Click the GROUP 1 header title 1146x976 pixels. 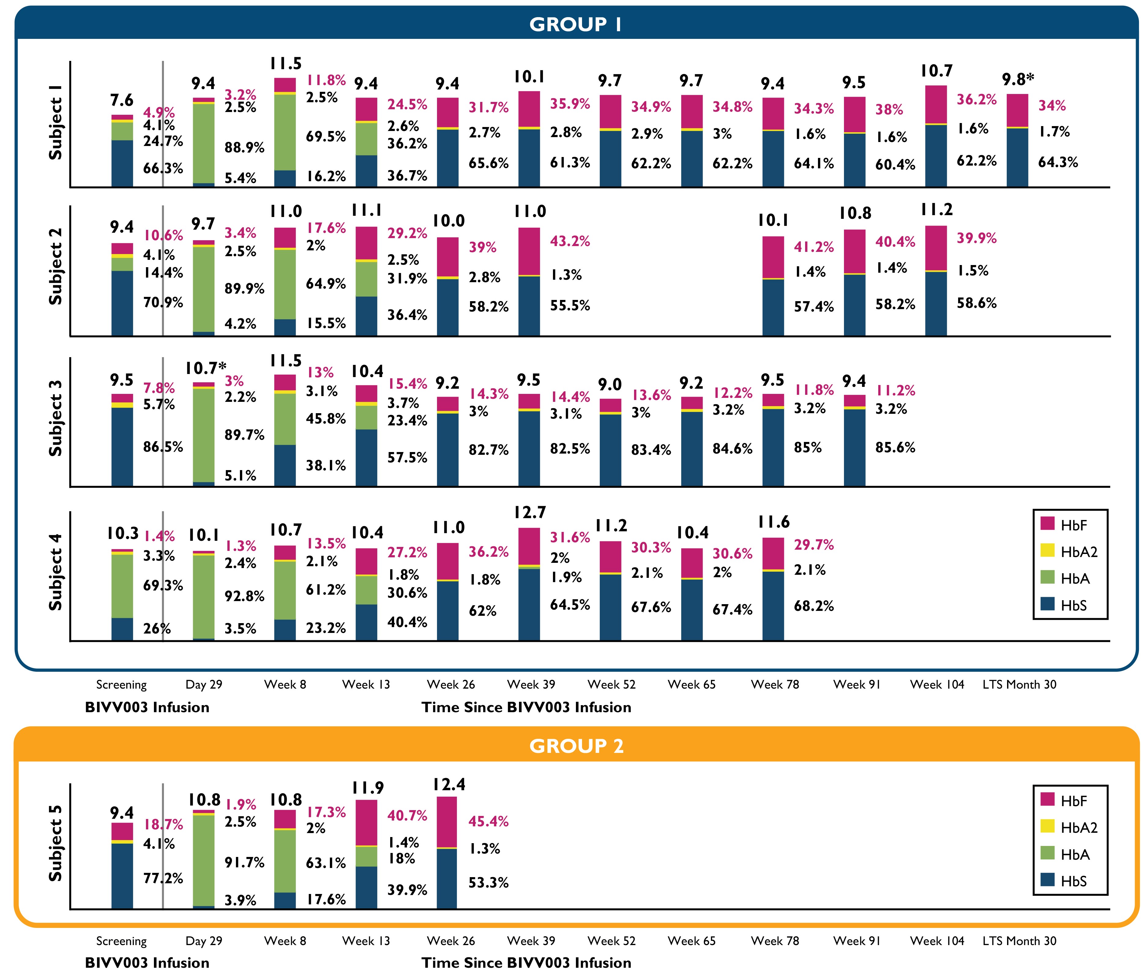point(575,24)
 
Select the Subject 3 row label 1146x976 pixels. point(55,418)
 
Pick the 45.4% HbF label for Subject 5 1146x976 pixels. point(488,821)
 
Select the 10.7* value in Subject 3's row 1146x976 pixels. point(206,368)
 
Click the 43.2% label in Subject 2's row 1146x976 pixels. point(570,241)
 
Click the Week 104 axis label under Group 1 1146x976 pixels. point(937,684)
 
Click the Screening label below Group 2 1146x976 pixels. point(121,940)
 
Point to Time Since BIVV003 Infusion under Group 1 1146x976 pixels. point(526,707)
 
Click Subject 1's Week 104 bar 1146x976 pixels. point(936,136)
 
